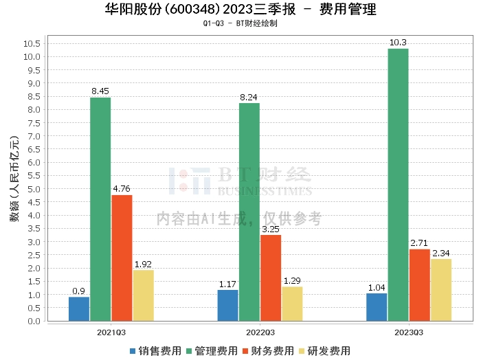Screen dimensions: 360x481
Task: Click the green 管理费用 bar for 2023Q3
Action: tap(398, 185)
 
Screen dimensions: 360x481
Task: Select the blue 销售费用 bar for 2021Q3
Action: tap(79, 308)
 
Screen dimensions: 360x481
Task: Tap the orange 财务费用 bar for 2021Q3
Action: tap(122, 258)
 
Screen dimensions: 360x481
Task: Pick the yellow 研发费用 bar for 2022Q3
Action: tap(292, 304)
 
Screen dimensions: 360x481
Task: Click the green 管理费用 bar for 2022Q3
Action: tap(249, 212)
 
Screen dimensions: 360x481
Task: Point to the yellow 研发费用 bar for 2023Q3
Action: tap(441, 290)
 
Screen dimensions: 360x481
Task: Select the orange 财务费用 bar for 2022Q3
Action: tap(271, 278)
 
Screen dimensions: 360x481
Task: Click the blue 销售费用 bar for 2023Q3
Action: tap(377, 307)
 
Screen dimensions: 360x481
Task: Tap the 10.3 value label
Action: tap(398, 43)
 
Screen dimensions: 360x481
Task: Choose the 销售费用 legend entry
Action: tap(156, 350)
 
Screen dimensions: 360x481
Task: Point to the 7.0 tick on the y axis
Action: tap(33, 136)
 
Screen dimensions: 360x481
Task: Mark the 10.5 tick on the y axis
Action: tap(31, 43)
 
